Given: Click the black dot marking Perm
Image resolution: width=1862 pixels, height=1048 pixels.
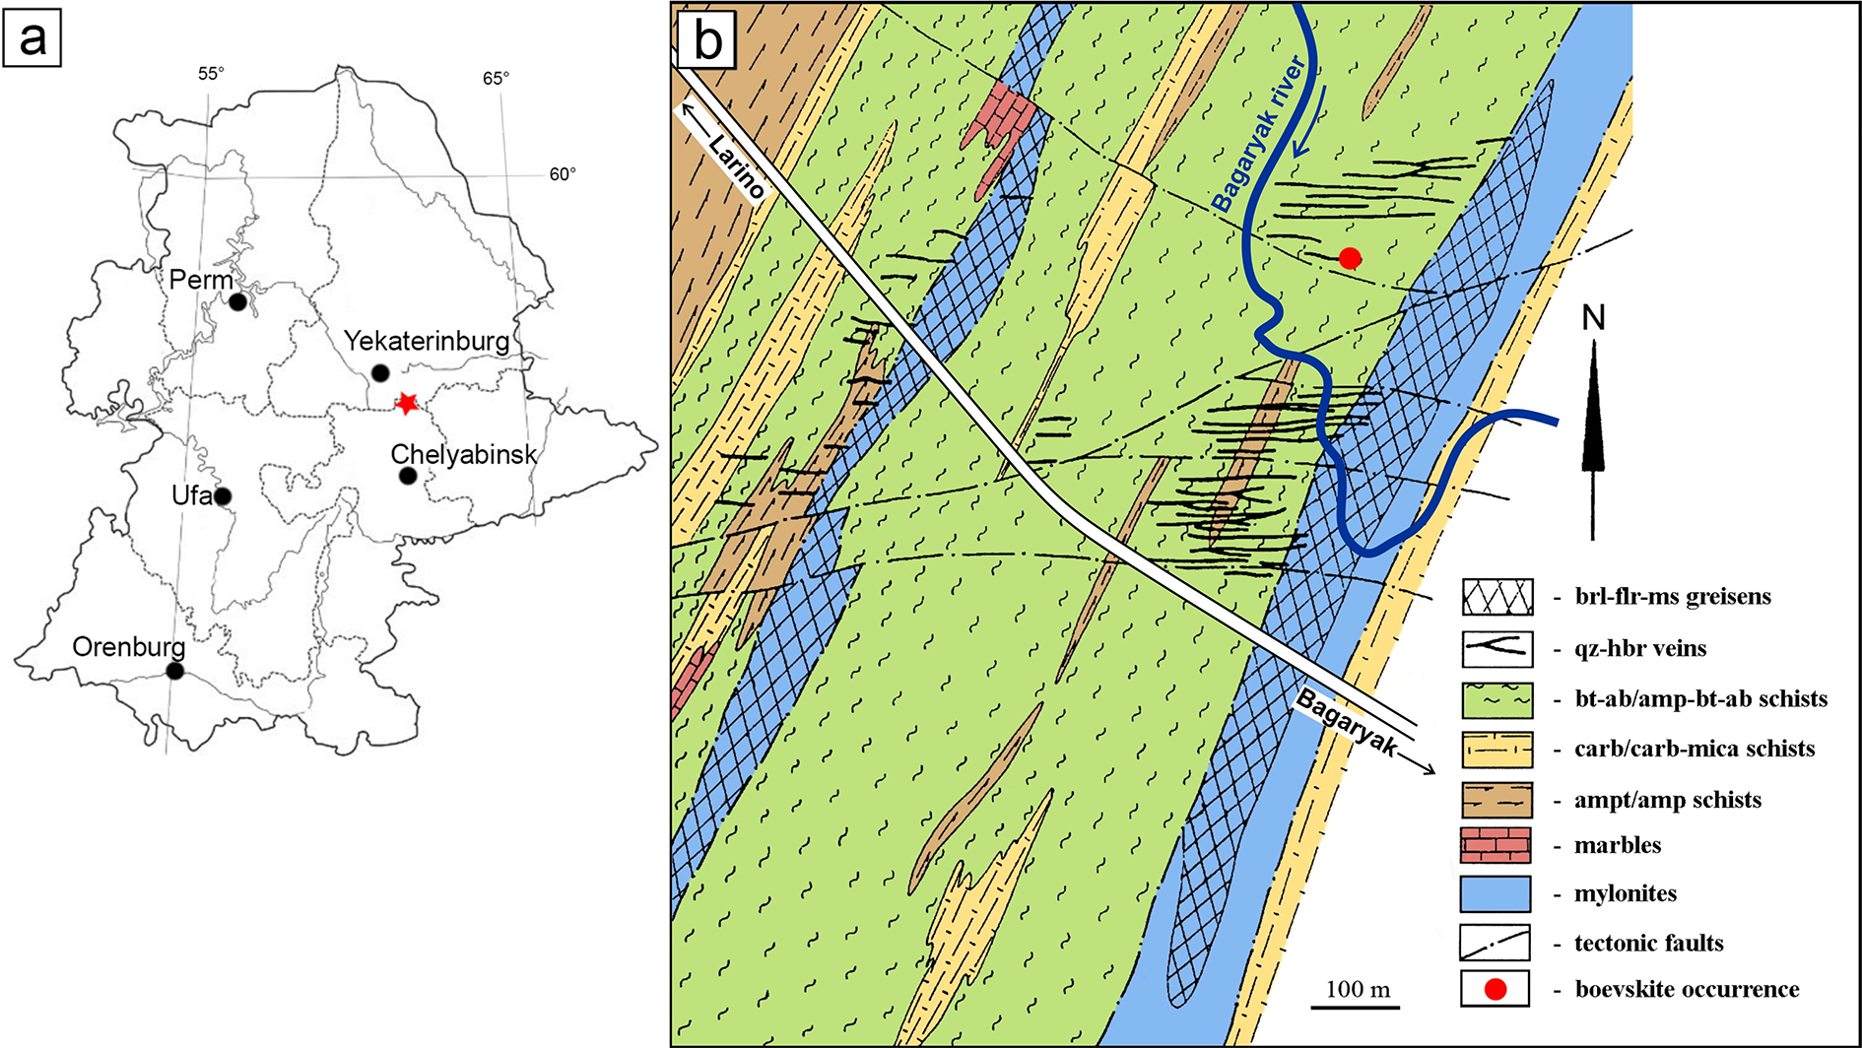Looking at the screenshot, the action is click(237, 302).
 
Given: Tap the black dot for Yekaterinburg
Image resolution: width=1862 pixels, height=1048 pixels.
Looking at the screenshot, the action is click(380, 373).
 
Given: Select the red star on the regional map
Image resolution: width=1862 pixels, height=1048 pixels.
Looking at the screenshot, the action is click(406, 403).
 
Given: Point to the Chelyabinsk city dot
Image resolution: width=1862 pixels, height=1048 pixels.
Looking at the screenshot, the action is click(408, 476).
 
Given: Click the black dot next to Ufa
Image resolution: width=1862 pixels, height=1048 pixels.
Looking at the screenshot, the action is click(223, 496).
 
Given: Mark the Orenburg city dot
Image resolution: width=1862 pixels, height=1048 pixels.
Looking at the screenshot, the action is click(174, 671).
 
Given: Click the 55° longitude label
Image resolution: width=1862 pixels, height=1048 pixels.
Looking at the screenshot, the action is click(211, 74).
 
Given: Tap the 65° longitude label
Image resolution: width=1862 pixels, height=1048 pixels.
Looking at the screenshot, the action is click(496, 79).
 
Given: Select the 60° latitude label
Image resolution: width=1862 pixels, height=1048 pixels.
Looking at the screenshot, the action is click(563, 174).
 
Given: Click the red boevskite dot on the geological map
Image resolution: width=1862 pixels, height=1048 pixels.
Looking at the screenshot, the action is click(1350, 258).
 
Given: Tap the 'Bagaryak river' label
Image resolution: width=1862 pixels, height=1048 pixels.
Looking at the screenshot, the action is click(1258, 134).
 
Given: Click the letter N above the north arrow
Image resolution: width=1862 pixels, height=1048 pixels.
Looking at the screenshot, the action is click(1593, 317).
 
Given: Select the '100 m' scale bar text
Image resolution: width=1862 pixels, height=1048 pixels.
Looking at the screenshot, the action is click(1358, 989).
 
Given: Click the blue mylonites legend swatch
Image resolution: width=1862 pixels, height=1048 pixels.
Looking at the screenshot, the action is click(1496, 893).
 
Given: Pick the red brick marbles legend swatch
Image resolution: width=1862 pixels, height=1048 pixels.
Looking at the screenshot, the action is click(1496, 845).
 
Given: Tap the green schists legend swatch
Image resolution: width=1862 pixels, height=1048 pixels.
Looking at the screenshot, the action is click(1496, 700).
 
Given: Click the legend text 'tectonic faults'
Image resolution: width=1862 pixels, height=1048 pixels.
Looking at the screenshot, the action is click(1649, 943).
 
